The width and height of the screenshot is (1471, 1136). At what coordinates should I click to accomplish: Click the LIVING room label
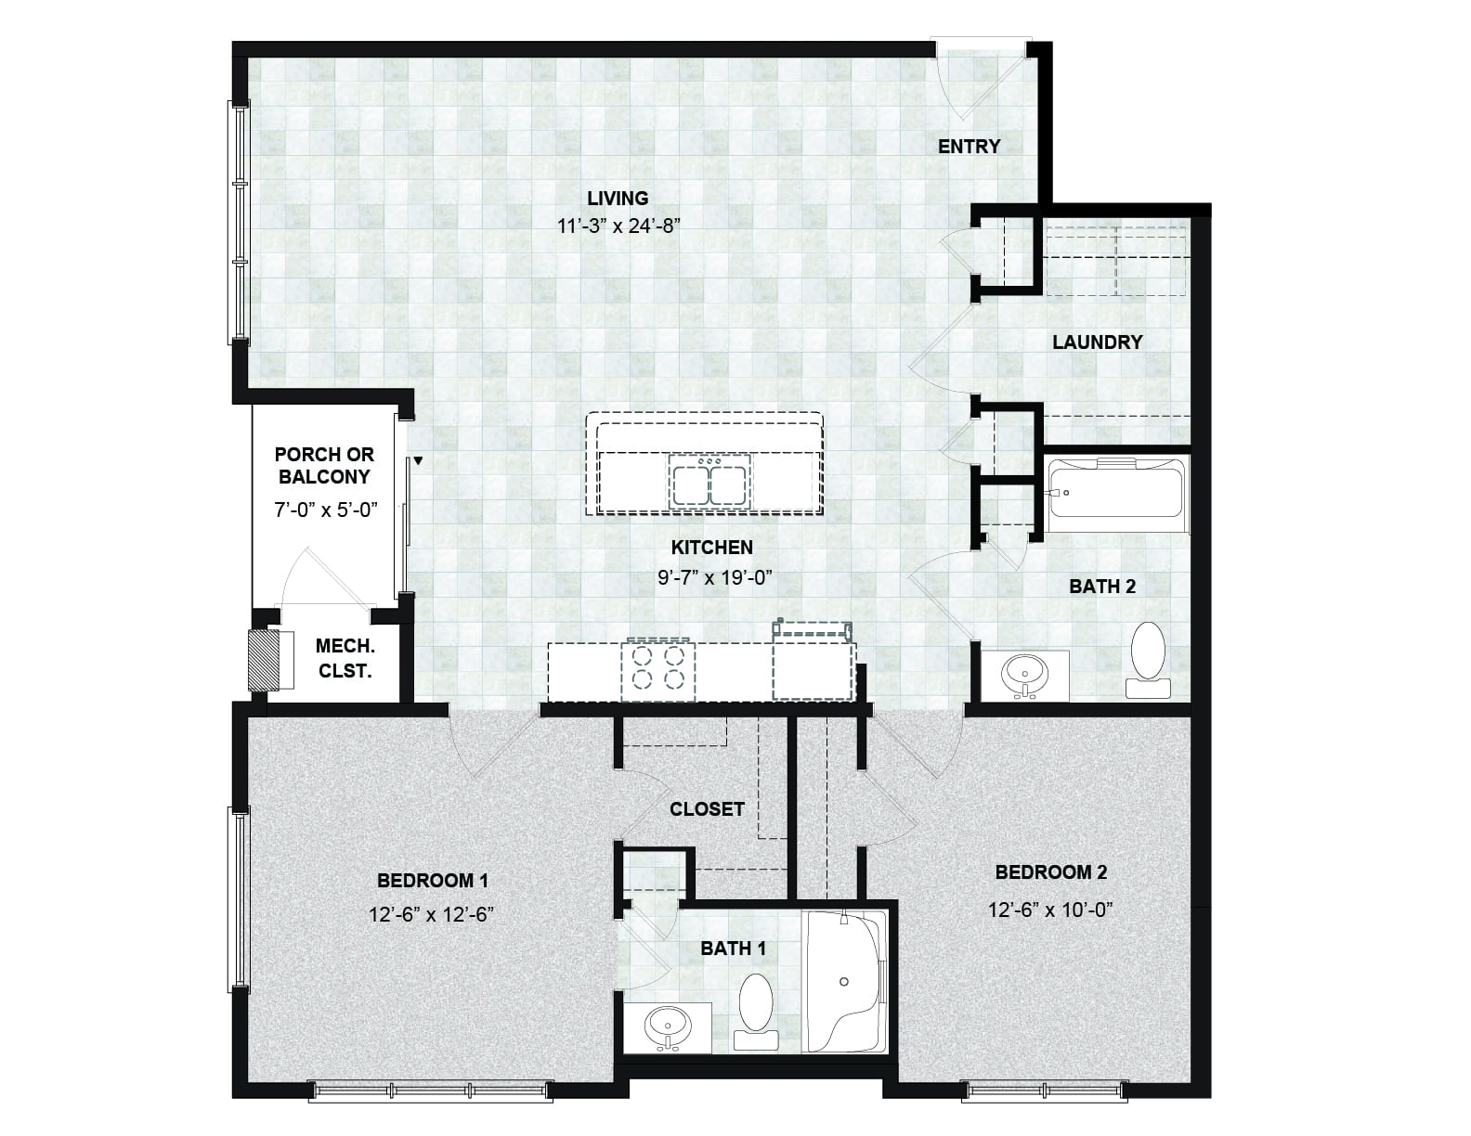[x=618, y=199]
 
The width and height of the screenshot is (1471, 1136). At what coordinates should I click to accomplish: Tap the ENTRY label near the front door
[x=969, y=146]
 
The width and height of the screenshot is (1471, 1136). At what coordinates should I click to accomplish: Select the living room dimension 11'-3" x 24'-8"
[x=618, y=226]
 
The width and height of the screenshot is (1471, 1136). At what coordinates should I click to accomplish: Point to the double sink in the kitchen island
[x=709, y=481]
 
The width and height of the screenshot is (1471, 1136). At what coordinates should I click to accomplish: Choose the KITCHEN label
[x=711, y=547]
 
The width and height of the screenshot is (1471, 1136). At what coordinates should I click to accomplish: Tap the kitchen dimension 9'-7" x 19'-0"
[x=715, y=578]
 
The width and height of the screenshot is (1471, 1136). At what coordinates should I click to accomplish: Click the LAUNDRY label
[x=1098, y=342]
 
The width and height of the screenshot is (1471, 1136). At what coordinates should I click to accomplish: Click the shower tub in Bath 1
[x=845, y=981]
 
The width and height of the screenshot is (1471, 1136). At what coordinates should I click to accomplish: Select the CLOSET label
[x=707, y=808]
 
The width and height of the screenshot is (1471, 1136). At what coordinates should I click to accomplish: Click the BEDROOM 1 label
[x=432, y=880]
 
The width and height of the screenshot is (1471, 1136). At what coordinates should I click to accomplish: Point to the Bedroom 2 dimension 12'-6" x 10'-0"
[x=1050, y=910]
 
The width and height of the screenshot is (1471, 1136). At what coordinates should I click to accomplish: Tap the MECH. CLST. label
[x=345, y=658]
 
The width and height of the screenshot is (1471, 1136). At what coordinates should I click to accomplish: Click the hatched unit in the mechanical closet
[x=265, y=661]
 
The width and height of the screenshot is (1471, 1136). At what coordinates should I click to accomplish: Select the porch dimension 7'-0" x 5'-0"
[x=326, y=510]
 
